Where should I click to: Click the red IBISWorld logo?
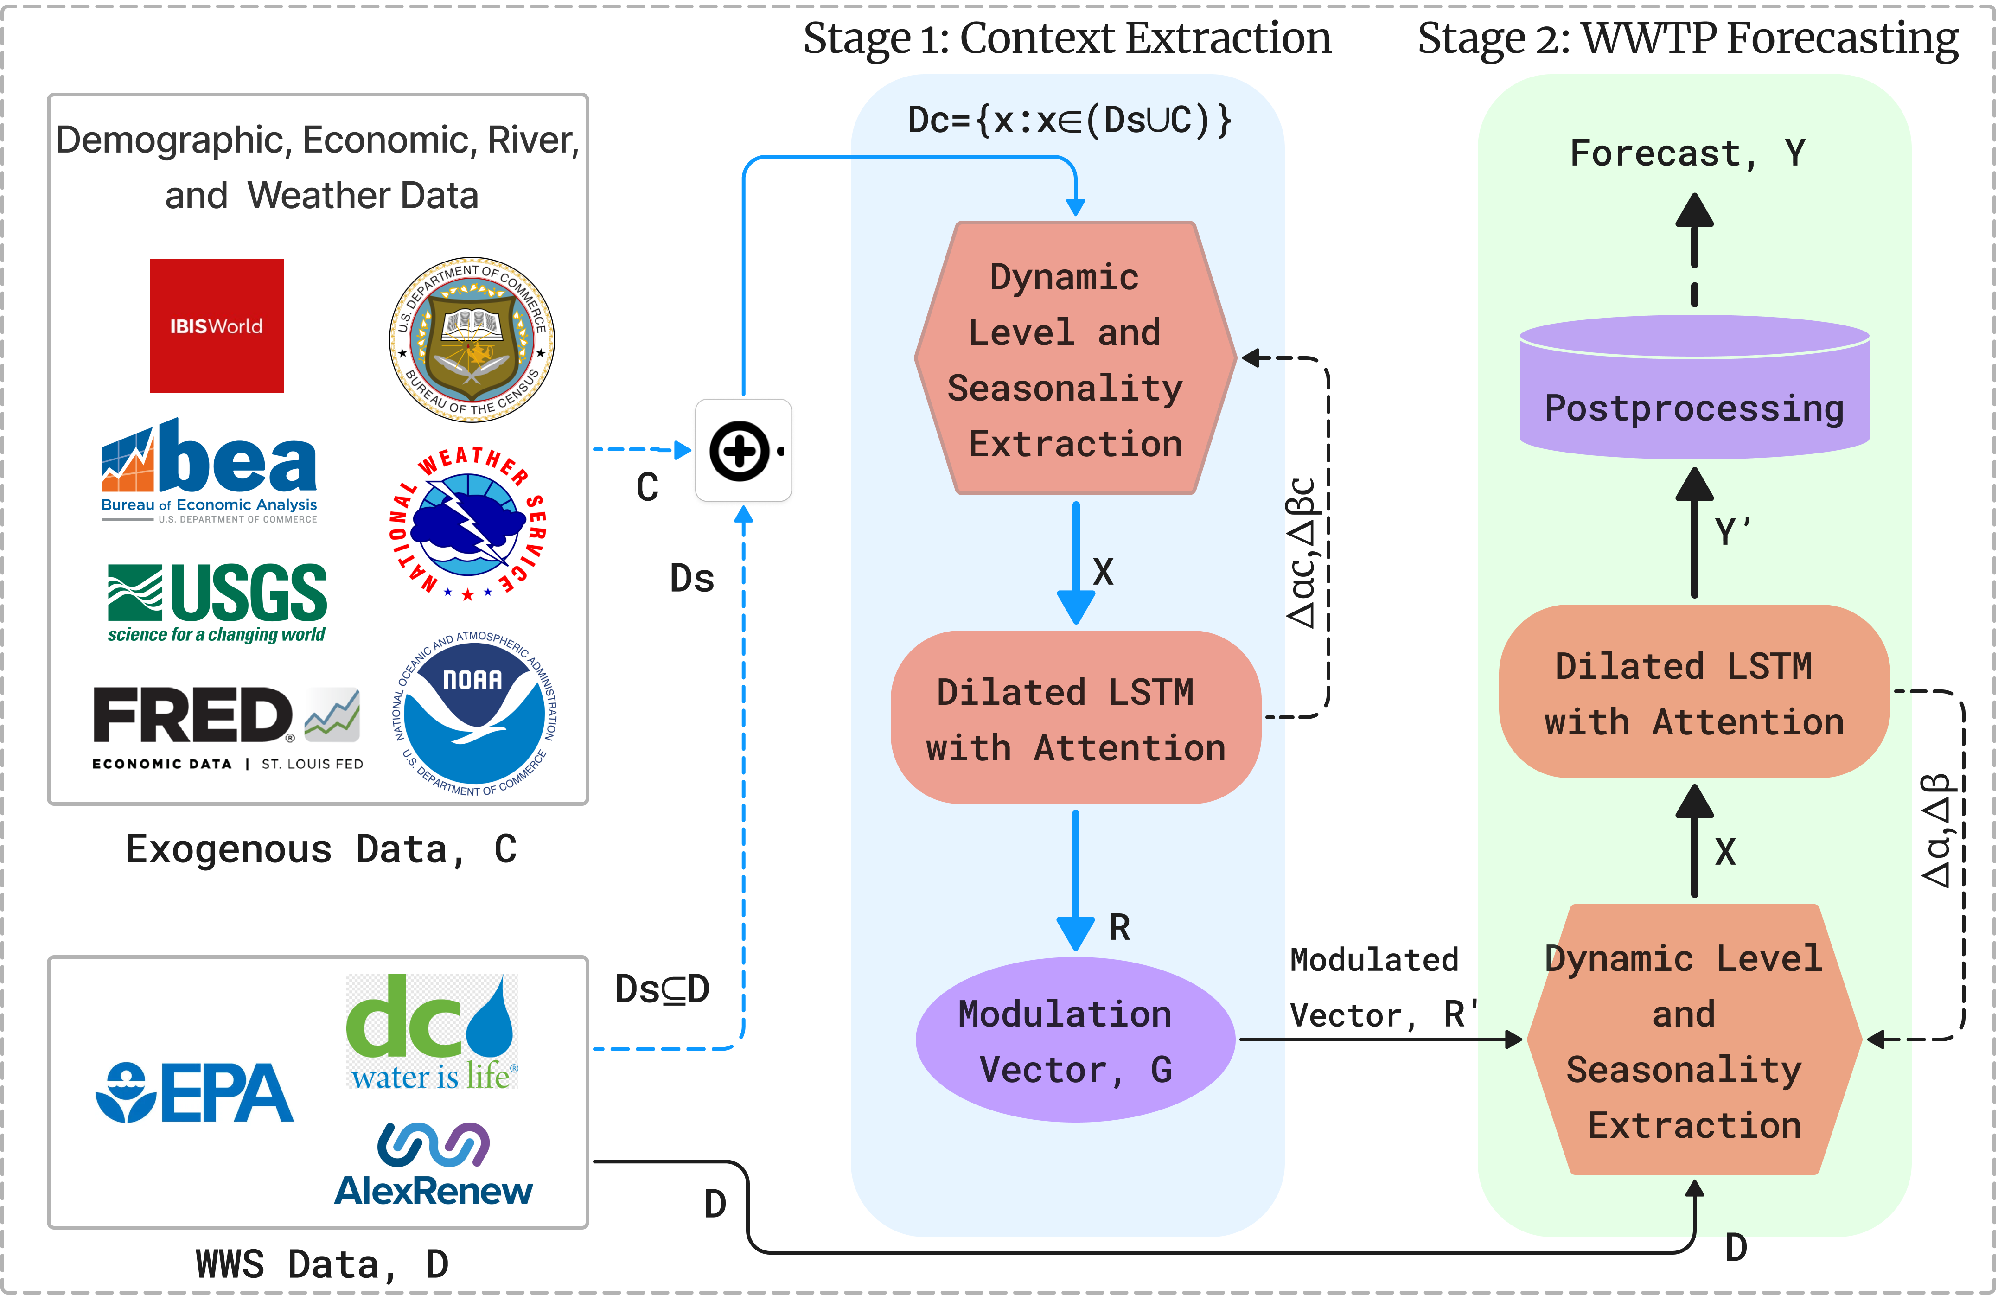(217, 325)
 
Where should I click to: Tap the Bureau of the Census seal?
(472, 340)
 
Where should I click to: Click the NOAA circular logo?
(474, 712)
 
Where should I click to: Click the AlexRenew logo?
(433, 1165)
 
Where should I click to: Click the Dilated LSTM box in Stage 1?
(1075, 718)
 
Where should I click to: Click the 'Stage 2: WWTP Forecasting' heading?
(1687, 38)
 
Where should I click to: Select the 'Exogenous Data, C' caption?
(321, 848)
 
